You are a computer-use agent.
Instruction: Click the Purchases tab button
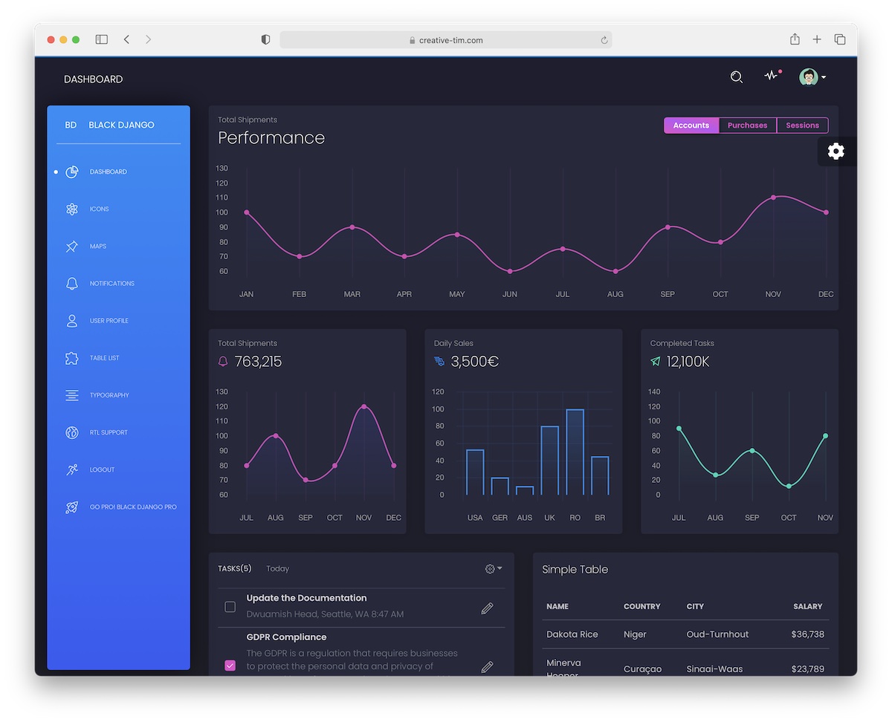tap(747, 126)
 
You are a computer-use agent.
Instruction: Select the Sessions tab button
tap(802, 126)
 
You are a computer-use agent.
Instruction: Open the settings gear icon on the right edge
tap(836, 152)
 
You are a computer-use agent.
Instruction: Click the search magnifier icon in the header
tap(736, 77)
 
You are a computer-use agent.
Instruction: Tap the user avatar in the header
tap(808, 77)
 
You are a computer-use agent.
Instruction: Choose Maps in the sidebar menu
tap(97, 247)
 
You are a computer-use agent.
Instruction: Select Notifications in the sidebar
tap(111, 284)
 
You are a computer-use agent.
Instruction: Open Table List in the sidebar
tap(104, 358)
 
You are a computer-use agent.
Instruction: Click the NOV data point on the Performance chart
tap(773, 198)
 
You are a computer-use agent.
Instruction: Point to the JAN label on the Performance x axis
tap(246, 294)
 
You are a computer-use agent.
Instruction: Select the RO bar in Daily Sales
tap(575, 452)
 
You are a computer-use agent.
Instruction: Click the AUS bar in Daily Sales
tap(525, 490)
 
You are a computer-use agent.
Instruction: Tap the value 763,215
tap(258, 362)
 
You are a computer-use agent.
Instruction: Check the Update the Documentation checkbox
tap(230, 607)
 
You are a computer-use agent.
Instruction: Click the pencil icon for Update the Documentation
tap(487, 608)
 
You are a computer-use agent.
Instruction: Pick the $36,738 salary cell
tap(807, 634)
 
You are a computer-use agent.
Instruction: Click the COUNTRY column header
tap(641, 607)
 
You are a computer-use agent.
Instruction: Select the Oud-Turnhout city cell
tap(717, 634)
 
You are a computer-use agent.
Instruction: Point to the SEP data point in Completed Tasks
tap(752, 451)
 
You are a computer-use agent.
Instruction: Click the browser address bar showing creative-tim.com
tap(446, 40)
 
